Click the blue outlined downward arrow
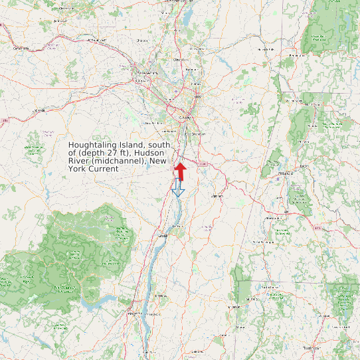pyautogui.click(x=177, y=187)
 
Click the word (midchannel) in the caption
pyautogui.click(x=120, y=161)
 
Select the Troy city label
pyautogui.click(x=196, y=97)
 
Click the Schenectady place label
pyautogui.click(x=145, y=72)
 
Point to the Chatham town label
pyautogui.click(x=217, y=197)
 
